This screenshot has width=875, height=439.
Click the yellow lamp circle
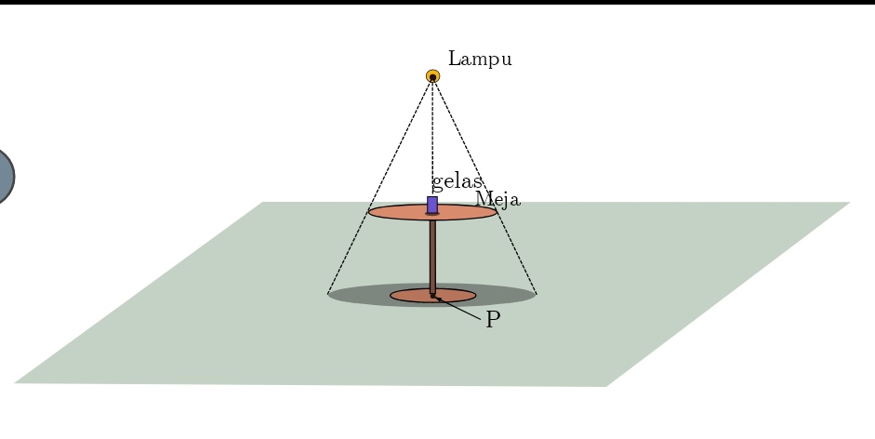[x=432, y=76]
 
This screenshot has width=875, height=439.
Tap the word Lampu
[x=480, y=60]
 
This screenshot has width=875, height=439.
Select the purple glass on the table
[x=432, y=205]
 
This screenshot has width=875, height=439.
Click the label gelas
[x=457, y=182]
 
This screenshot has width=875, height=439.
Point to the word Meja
[x=497, y=199]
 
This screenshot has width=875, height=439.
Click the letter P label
[x=493, y=320]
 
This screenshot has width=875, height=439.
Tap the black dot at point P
[x=432, y=296]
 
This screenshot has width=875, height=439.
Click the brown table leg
[x=432, y=257]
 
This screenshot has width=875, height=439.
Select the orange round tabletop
[x=432, y=212]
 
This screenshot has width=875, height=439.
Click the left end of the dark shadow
[x=328, y=294]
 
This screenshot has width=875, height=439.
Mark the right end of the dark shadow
[x=536, y=294]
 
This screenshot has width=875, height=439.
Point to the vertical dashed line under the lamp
[x=432, y=138]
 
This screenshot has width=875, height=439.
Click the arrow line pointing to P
[x=458, y=309]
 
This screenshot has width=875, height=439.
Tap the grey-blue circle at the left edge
[x=5, y=177]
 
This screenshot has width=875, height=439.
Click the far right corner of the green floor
[x=850, y=202]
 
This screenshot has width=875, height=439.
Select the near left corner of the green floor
[x=15, y=382]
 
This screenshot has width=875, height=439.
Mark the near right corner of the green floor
[x=606, y=386]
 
